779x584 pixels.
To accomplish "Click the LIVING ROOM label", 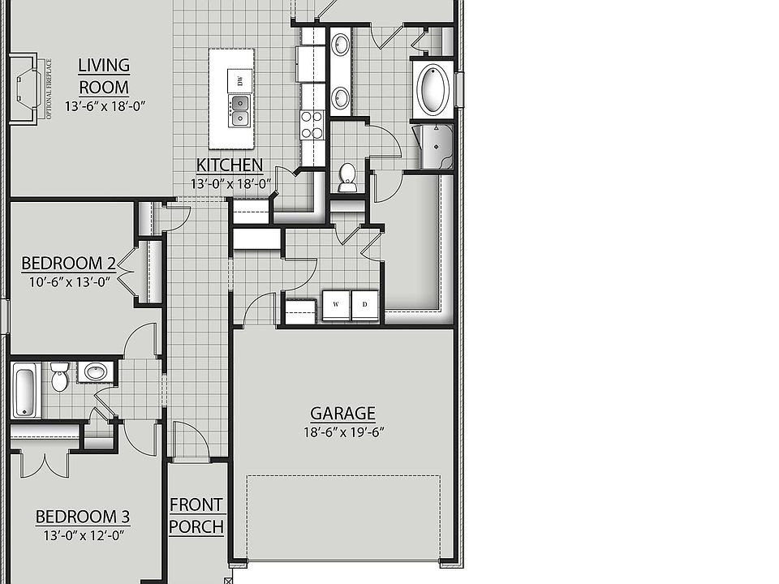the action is click(x=104, y=76).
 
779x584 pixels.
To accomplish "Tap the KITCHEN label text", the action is click(x=230, y=165).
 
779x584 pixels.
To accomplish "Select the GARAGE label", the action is click(x=342, y=413).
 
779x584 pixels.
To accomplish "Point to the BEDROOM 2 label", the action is click(x=68, y=263).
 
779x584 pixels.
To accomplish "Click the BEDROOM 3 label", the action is click(x=83, y=517).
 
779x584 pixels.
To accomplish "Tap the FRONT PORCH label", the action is click(x=196, y=516).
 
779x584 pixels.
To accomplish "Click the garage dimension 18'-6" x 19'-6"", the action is click(x=344, y=432).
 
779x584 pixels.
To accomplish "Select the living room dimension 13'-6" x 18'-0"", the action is click(x=105, y=106).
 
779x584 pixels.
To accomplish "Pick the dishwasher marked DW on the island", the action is click(x=239, y=80).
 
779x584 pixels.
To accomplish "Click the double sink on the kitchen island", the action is click(x=239, y=110).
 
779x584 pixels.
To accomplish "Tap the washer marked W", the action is click(x=336, y=305).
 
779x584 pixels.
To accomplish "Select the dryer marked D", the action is click(x=365, y=305).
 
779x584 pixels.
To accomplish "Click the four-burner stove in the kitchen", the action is click(x=312, y=125).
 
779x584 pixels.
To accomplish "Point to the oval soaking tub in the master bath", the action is click(x=433, y=89).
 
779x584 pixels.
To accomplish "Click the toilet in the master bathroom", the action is click(x=347, y=178).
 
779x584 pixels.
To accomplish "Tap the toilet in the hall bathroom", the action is click(x=59, y=376).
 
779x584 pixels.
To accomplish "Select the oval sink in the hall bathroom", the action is click(x=96, y=371).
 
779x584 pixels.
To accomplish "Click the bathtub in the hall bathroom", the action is click(x=26, y=390).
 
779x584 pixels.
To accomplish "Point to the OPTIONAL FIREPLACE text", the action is click(x=49, y=89).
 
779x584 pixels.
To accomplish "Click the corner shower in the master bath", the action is click(x=435, y=147).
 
